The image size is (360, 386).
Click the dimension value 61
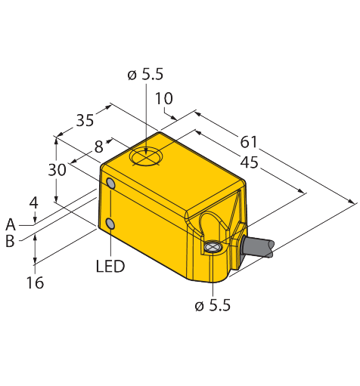(249, 142)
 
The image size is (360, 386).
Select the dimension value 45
(250, 162)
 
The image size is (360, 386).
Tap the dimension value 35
(85, 120)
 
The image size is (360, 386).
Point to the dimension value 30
(57, 170)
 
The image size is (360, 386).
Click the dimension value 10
(164, 98)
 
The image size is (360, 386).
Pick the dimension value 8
(99, 147)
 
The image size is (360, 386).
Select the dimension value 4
(33, 203)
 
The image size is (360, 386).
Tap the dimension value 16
(35, 283)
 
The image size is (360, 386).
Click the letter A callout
(11, 224)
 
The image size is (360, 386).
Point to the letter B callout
(10, 241)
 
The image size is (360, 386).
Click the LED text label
(110, 266)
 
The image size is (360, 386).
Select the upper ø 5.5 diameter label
(145, 74)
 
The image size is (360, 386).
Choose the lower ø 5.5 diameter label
(213, 306)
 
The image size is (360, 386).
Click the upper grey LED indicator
(111, 183)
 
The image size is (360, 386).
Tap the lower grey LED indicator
(110, 224)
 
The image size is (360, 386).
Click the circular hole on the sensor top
(146, 156)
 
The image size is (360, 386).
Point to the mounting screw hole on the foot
(213, 247)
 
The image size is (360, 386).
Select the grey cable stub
(258, 247)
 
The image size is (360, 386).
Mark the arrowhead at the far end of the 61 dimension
(351, 201)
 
